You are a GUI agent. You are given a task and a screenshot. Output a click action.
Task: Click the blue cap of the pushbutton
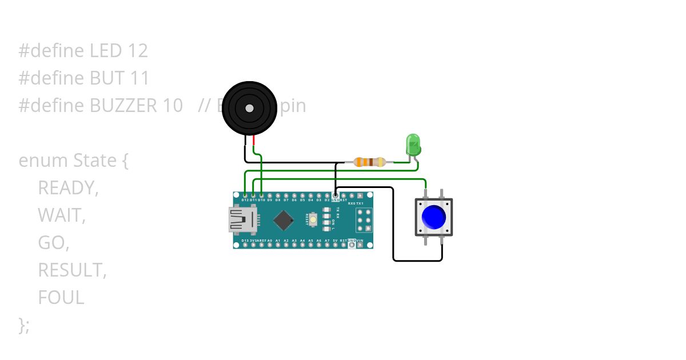click(433, 217)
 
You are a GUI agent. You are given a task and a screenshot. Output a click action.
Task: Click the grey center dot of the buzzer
click(249, 108)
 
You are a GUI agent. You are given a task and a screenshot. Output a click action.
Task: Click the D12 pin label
click(245, 201)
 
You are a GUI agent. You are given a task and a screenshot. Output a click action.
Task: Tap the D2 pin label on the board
click(327, 201)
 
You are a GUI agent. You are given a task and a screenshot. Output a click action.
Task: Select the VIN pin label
click(360, 241)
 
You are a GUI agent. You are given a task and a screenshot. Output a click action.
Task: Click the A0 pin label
click(269, 241)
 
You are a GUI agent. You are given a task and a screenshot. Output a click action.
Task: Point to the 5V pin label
click(335, 241)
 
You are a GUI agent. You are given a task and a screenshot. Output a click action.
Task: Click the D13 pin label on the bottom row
click(245, 241)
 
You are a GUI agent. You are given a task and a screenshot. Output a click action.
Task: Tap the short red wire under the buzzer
click(253, 141)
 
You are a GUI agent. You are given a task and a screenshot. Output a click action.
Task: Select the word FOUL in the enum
click(61, 298)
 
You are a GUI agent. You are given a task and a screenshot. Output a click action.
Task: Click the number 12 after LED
click(138, 51)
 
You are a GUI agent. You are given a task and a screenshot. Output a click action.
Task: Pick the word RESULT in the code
click(72, 270)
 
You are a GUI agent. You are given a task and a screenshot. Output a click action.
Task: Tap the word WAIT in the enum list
click(61, 215)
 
